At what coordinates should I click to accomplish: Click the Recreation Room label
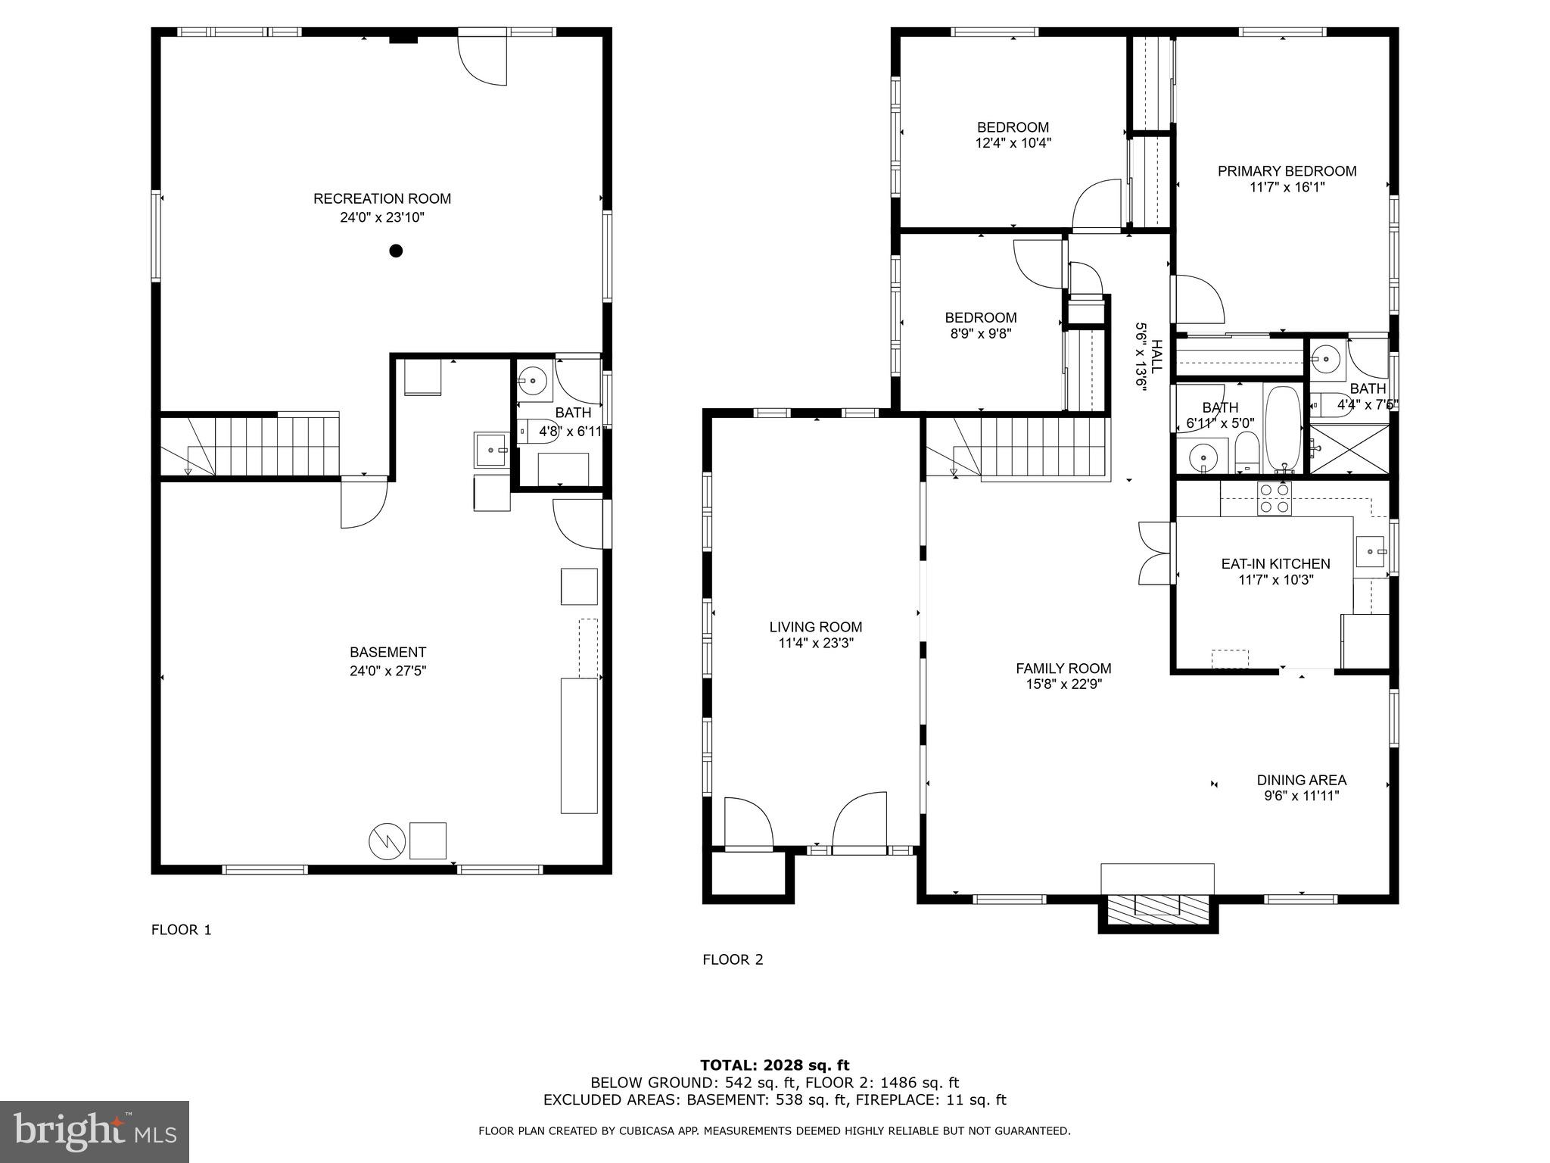[382, 199]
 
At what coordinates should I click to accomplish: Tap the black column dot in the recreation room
[395, 251]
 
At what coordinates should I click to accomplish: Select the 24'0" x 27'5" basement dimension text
[387, 671]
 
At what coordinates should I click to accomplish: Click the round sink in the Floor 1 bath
[535, 380]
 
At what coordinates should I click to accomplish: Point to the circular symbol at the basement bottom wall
[387, 841]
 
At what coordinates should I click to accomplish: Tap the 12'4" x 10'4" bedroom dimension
[1013, 142]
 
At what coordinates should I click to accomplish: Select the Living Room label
[816, 627]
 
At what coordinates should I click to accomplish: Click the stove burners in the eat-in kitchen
[1274, 499]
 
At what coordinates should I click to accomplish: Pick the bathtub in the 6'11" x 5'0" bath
[1283, 429]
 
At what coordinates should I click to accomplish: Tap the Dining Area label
[1302, 780]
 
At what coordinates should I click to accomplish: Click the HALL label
[1156, 356]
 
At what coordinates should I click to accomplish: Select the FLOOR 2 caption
[733, 960]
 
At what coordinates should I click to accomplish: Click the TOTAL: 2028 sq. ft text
[774, 1066]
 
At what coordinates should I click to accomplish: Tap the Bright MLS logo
[95, 1131]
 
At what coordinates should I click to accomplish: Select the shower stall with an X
[1349, 448]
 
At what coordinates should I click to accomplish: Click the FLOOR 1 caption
[181, 930]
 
